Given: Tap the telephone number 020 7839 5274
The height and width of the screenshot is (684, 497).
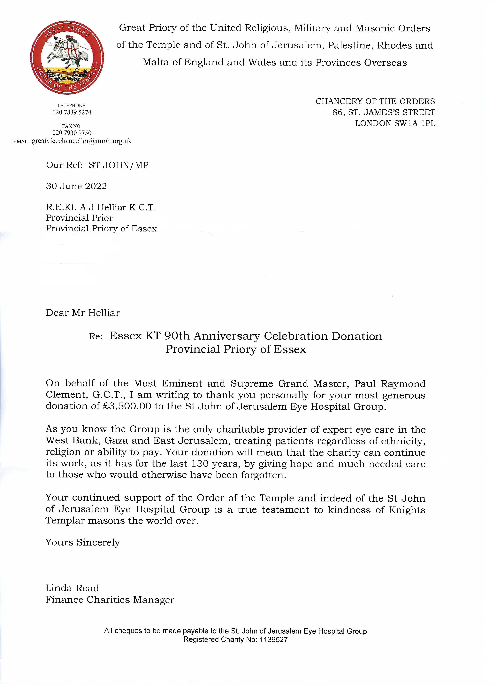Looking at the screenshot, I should click(72, 112).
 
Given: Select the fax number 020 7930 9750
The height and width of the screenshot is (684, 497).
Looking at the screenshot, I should click(72, 133).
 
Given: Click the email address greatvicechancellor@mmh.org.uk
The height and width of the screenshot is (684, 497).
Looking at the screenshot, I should click(82, 141).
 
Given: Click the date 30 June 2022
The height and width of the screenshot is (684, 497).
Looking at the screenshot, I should click(76, 186).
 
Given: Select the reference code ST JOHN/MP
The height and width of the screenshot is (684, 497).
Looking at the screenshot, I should click(119, 165).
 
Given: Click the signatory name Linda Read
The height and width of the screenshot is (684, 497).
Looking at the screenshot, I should click(72, 588).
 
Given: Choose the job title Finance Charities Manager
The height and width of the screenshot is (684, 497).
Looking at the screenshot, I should click(110, 600).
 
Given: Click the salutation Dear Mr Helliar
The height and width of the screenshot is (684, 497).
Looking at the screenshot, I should click(83, 313).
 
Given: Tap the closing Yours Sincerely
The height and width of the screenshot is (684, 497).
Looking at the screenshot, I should click(83, 543).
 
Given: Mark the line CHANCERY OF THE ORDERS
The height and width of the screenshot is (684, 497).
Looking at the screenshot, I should click(375, 101).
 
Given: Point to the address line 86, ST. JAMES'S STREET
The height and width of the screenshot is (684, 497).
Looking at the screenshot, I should click(384, 113).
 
